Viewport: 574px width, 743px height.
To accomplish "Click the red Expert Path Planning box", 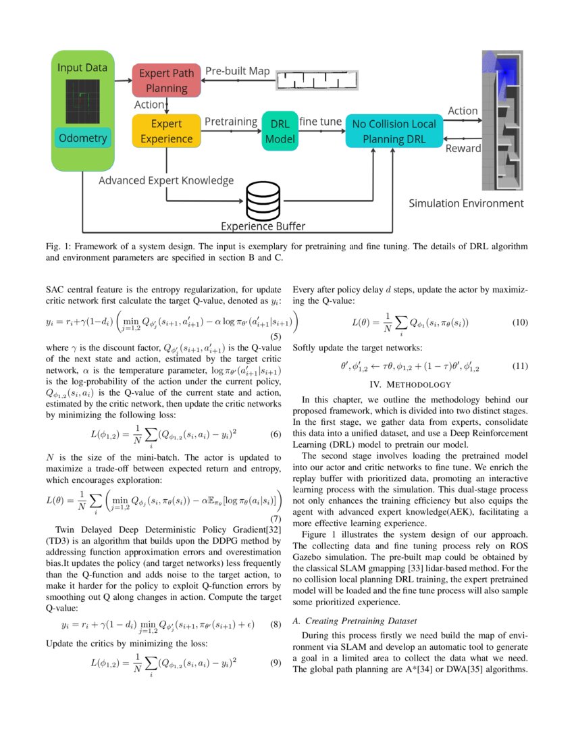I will [166, 80].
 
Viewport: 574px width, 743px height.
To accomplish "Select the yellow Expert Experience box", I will [166, 130].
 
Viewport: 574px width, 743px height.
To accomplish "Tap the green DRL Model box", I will [280, 131].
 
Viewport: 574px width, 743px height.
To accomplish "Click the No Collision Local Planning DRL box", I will [394, 131].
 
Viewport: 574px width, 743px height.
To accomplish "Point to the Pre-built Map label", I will [237, 71].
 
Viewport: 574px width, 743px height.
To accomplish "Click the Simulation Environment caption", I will [465, 203].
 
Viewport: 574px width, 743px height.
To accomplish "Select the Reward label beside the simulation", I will [463, 148].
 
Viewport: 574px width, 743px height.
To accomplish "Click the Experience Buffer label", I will [263, 226].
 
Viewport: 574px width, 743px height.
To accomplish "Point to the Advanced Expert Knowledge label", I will [166, 180].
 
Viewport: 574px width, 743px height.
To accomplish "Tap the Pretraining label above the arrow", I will [231, 122].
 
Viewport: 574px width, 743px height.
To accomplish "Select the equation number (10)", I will [520, 322].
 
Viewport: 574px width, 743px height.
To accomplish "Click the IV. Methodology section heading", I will [410, 384].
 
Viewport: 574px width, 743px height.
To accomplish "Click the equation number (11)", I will [520, 366].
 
